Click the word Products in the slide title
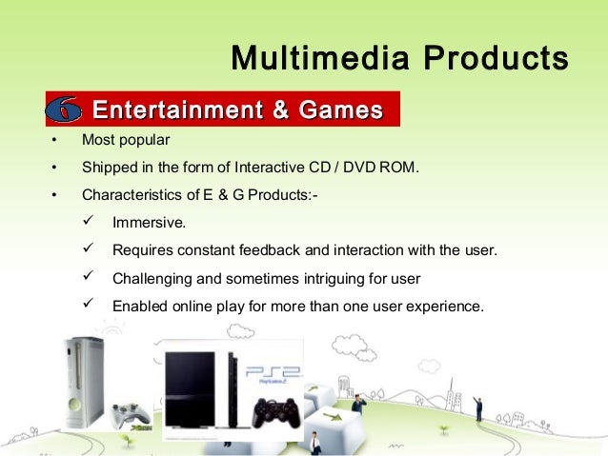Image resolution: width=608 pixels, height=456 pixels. click(497, 59)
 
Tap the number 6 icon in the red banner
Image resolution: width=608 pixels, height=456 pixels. click(64, 110)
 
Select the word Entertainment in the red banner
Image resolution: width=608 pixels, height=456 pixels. click(177, 109)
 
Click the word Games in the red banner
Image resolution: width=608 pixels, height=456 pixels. click(340, 109)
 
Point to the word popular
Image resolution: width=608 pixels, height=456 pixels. click(144, 141)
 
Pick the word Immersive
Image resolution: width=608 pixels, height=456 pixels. click(150, 225)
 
